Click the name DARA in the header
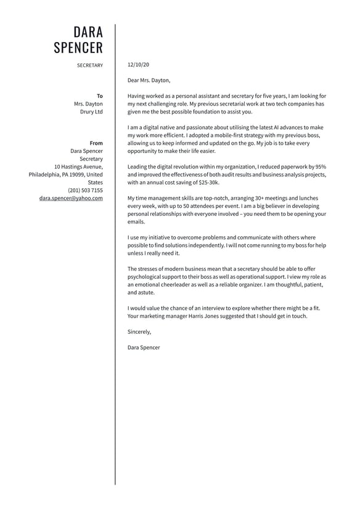(88, 32)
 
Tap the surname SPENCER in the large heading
(78, 48)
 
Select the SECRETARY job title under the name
(90, 65)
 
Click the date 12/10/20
(138, 64)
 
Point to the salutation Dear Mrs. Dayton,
(149, 80)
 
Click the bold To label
(100, 96)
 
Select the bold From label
(96, 143)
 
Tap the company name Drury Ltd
(91, 112)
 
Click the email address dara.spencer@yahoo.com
(71, 199)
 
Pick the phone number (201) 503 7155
(86, 191)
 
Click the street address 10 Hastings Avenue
(78, 167)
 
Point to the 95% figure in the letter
(320, 167)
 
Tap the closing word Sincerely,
(139, 332)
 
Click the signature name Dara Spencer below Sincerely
(144, 347)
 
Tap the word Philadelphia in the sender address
(44, 175)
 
